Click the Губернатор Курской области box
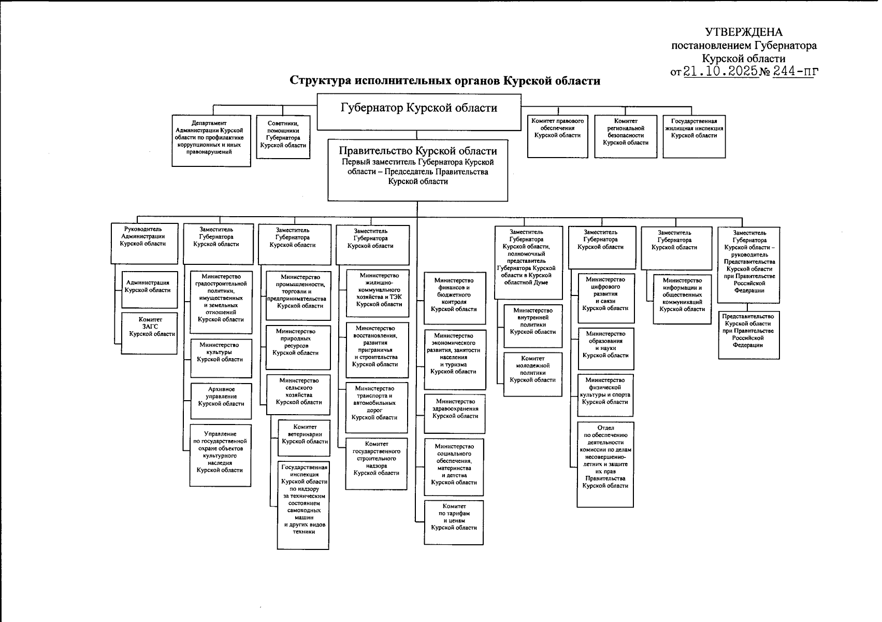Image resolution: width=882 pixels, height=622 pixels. pyautogui.click(x=418, y=111)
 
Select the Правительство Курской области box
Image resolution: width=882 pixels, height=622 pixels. pyautogui.click(x=417, y=170)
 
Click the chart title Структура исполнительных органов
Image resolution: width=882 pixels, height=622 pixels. pyautogui.click(x=445, y=81)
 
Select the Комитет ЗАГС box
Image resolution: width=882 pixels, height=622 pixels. pyautogui.click(x=150, y=333)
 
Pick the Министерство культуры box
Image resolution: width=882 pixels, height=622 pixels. pyautogui.click(x=221, y=358)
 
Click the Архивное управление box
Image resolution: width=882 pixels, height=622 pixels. pyautogui.click(x=221, y=400)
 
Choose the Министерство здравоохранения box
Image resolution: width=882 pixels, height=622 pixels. pyautogui.click(x=455, y=413)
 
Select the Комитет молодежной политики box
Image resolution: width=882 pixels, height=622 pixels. pyautogui.click(x=532, y=374)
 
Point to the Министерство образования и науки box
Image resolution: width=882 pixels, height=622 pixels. pyautogui.click(x=605, y=349)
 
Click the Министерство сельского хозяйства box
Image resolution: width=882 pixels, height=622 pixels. pyautogui.click(x=298, y=394)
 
